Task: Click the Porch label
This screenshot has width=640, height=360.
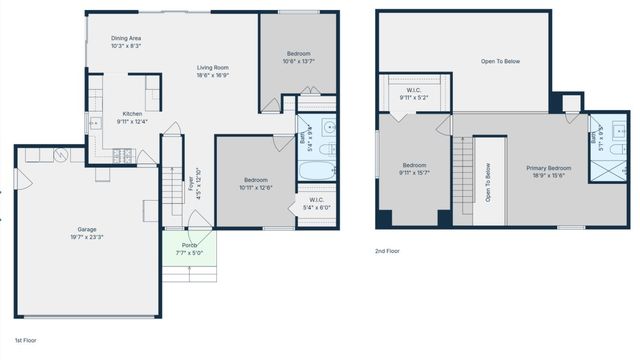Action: (x=189, y=247)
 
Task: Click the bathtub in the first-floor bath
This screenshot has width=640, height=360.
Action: (x=316, y=171)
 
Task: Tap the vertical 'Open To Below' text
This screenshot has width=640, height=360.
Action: (x=488, y=182)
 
